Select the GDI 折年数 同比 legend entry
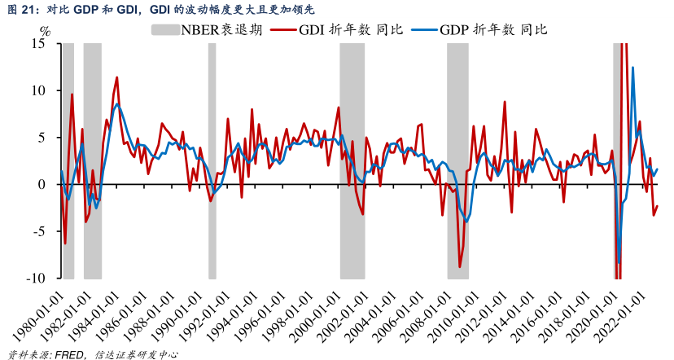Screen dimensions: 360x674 point(342,29)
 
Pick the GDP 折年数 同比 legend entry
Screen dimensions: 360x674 point(481,29)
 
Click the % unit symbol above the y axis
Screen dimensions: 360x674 point(46,33)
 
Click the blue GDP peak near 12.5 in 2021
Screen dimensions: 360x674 point(633,68)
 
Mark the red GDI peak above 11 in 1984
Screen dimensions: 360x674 point(117,77)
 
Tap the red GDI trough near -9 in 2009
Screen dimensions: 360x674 point(460,266)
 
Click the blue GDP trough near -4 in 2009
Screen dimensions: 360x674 point(466,221)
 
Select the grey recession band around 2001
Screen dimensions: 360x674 point(352,163)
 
